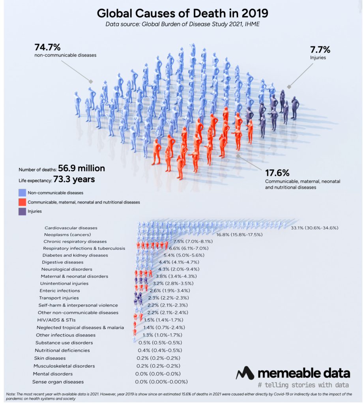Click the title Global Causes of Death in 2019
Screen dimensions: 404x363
pyautogui.click(x=182, y=13)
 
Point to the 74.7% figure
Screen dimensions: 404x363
pyautogui.click(x=47, y=47)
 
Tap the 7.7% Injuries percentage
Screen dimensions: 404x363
pyautogui.click(x=320, y=50)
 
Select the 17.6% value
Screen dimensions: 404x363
pyautogui.click(x=277, y=172)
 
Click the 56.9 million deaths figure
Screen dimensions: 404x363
pyautogui.click(x=82, y=168)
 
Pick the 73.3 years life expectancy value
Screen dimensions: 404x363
pyautogui.click(x=77, y=180)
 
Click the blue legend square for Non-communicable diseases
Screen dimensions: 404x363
pyautogui.click(x=22, y=193)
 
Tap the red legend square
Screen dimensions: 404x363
pyautogui.click(x=22, y=202)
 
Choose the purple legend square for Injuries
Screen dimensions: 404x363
pyautogui.click(x=22, y=211)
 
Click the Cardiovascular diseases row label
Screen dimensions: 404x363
pyautogui.click(x=71, y=228)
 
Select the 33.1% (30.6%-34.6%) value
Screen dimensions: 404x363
pyautogui.click(x=314, y=228)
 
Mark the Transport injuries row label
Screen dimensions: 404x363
pyautogui.click(x=59, y=298)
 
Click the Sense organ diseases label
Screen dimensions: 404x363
pyautogui.click(x=58, y=382)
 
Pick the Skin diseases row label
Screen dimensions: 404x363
pyautogui.click(x=50, y=358)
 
